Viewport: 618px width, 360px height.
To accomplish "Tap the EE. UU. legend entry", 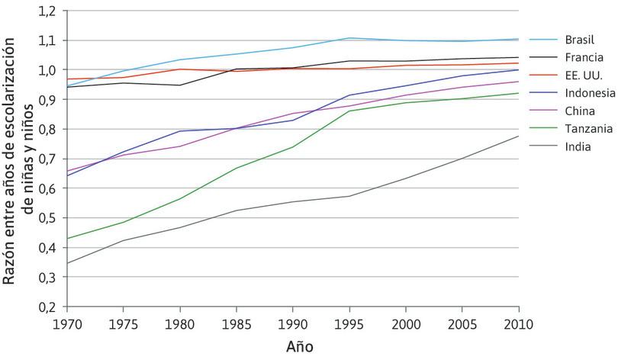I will (584, 75).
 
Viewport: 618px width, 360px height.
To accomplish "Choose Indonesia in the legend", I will (589, 92).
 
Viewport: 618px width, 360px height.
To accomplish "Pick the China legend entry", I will (579, 110).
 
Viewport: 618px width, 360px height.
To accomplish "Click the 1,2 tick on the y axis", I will (47, 11).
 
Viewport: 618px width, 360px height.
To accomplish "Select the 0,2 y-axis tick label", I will (47, 307).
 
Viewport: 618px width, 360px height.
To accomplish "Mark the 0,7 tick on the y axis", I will (47, 159).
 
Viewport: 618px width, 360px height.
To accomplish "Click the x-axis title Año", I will (299, 346).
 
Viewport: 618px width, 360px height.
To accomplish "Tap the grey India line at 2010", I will (518, 137).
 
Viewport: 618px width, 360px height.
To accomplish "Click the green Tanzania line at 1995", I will (349, 111).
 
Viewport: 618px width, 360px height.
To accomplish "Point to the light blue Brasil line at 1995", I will (349, 38).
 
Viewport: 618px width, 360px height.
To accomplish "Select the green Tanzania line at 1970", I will (68, 239).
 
